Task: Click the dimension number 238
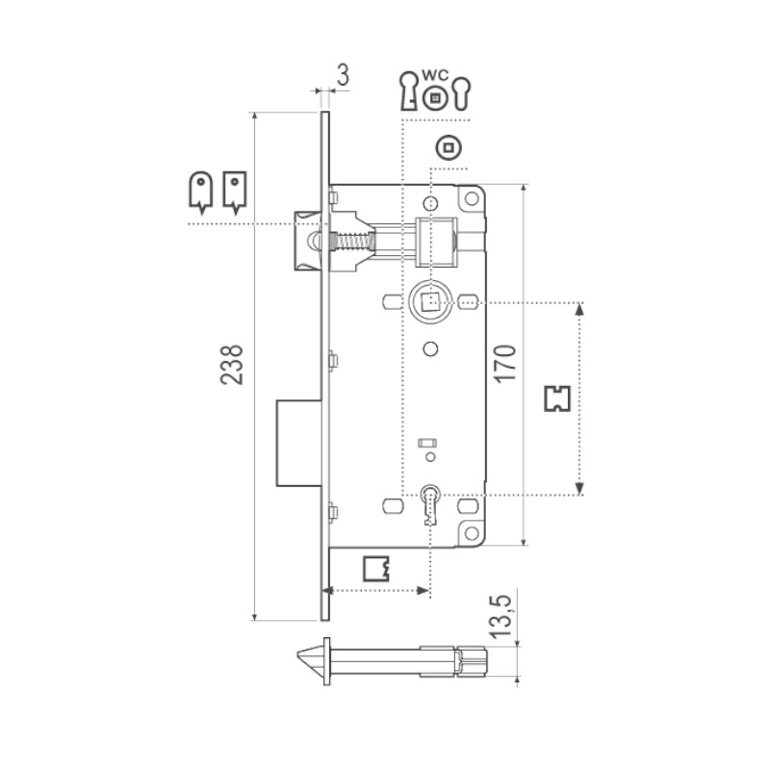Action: click(x=232, y=364)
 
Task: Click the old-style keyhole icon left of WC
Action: click(x=409, y=91)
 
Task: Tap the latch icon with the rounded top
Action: click(x=199, y=191)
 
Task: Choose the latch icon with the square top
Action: click(x=235, y=191)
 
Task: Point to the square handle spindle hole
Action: click(x=430, y=301)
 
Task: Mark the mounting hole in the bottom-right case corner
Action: click(x=471, y=531)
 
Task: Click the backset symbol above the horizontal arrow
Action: click(x=377, y=569)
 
